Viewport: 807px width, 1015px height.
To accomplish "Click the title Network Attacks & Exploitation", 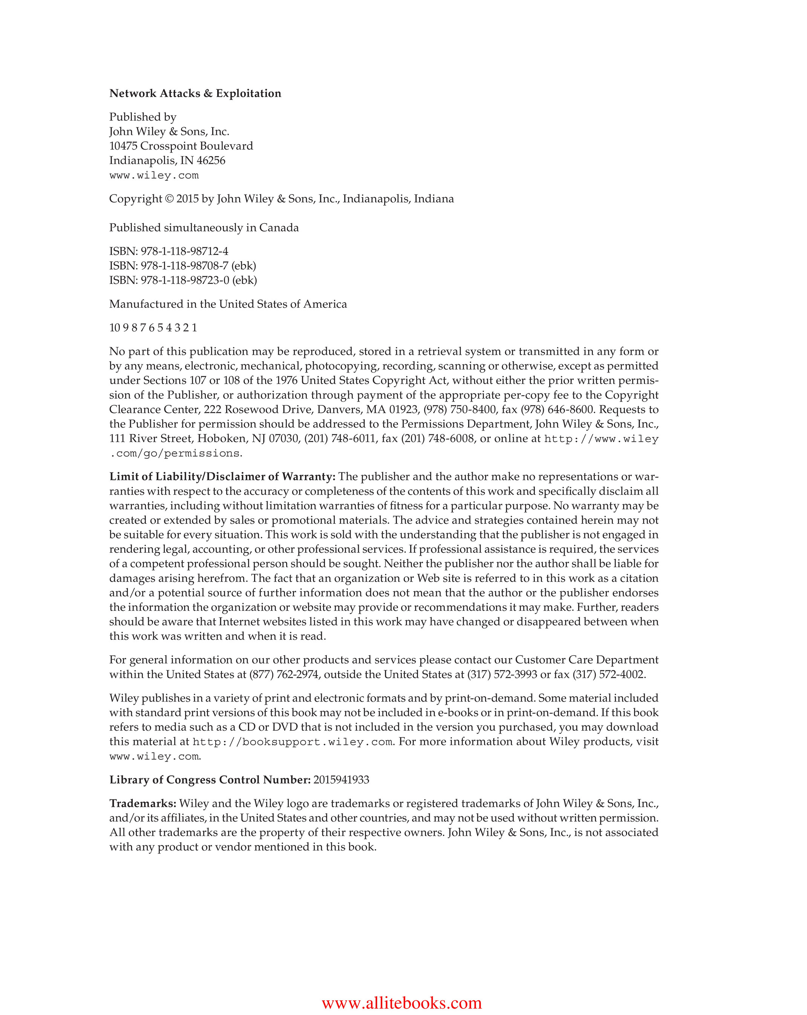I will [x=195, y=93].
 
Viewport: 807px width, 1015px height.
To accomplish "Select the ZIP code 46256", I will [x=211, y=161].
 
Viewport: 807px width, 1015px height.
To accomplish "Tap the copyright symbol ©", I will [x=169, y=199].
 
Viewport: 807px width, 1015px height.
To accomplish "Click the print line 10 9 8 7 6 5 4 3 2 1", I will [x=153, y=328].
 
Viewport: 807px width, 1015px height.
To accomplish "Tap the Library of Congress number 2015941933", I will [x=341, y=780].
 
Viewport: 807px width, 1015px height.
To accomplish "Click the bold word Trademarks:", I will [x=142, y=803].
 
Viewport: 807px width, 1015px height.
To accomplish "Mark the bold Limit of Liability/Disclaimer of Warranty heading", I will [x=222, y=477].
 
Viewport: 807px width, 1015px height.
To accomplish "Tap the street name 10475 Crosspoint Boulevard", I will [x=181, y=146].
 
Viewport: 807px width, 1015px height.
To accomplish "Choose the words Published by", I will [x=142, y=117].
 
